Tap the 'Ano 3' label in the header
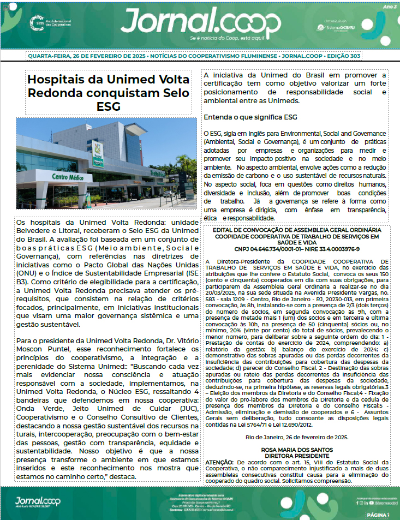(390, 7)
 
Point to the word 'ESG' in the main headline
(110, 105)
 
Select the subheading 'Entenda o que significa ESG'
(250, 117)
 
